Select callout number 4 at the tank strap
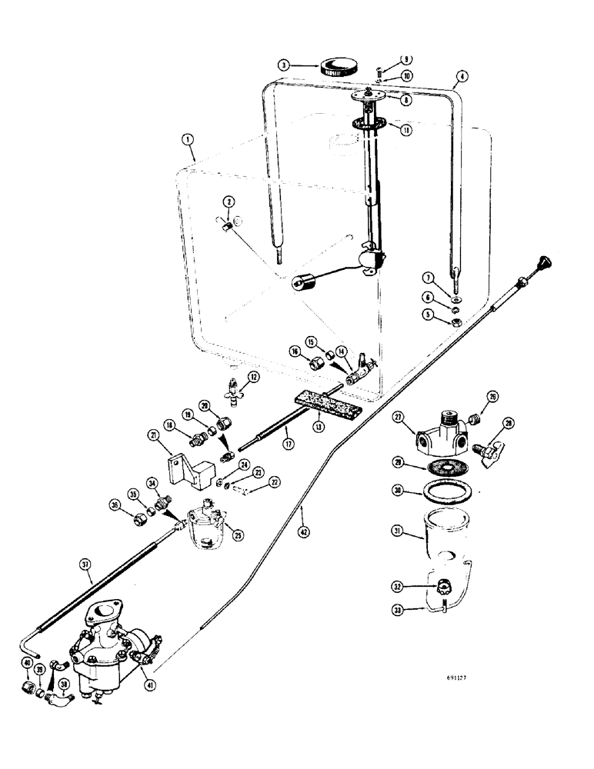point(462,76)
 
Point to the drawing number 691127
point(462,679)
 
